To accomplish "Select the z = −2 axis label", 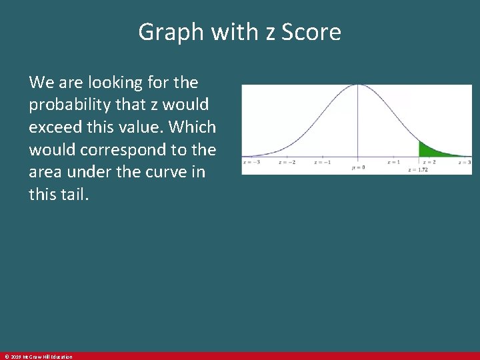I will (x=287, y=162).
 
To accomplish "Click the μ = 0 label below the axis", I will (x=358, y=167).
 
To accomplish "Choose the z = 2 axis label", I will (x=429, y=162).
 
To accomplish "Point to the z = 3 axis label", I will (x=465, y=162).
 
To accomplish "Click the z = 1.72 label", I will (x=418, y=170).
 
